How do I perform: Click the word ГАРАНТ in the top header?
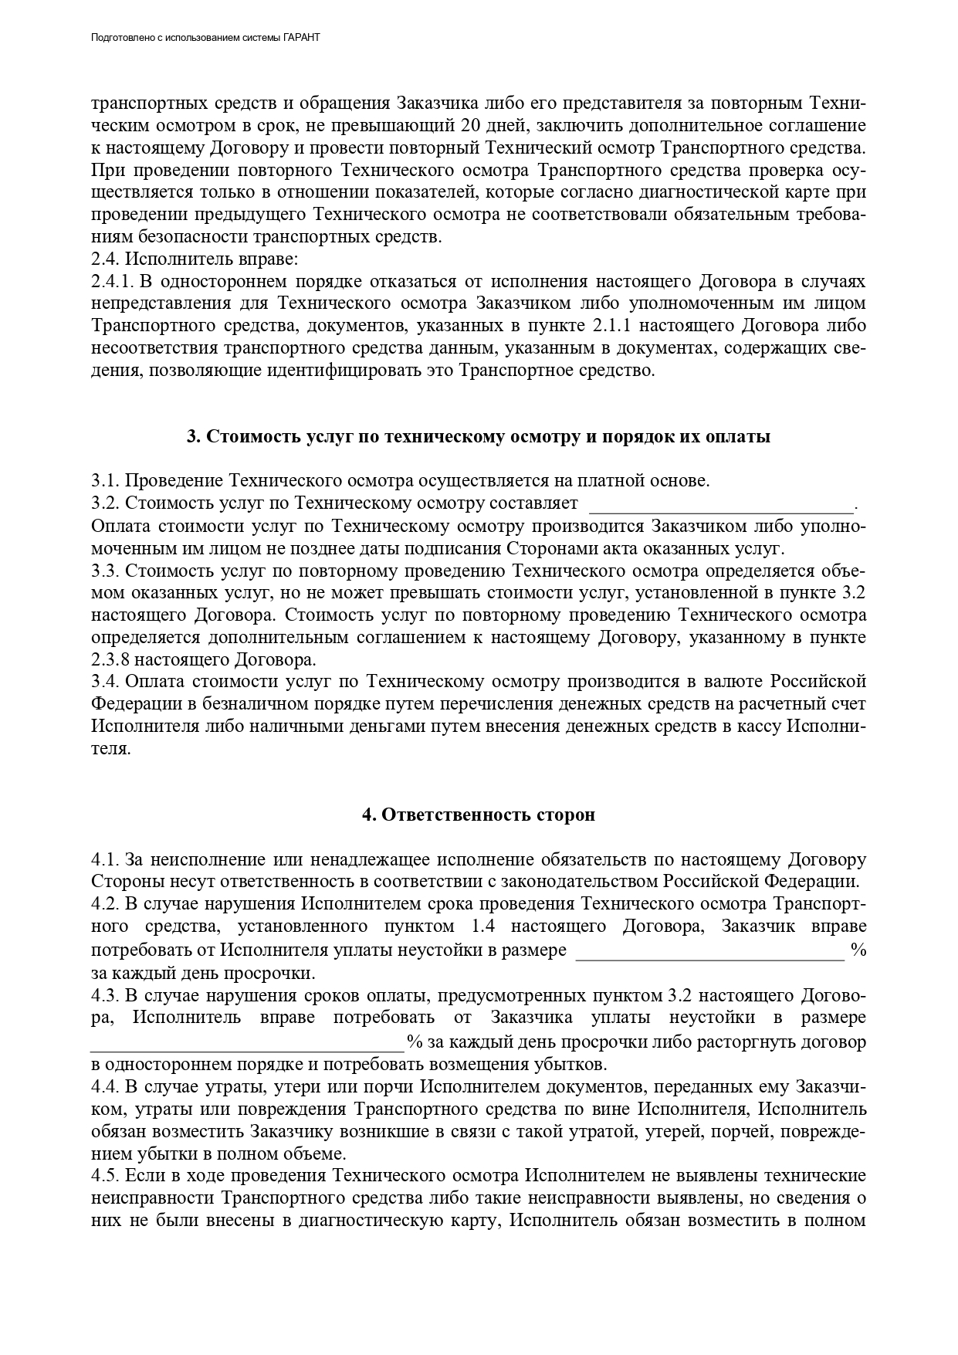point(303,37)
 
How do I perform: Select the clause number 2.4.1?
point(113,281)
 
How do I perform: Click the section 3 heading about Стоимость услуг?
point(478,437)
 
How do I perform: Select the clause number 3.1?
point(105,481)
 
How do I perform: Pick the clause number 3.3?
point(105,571)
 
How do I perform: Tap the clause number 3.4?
point(105,682)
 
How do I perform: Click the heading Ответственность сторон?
point(479,815)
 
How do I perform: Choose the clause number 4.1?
point(105,860)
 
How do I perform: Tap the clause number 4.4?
point(105,1088)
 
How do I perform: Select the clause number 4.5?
point(105,1177)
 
